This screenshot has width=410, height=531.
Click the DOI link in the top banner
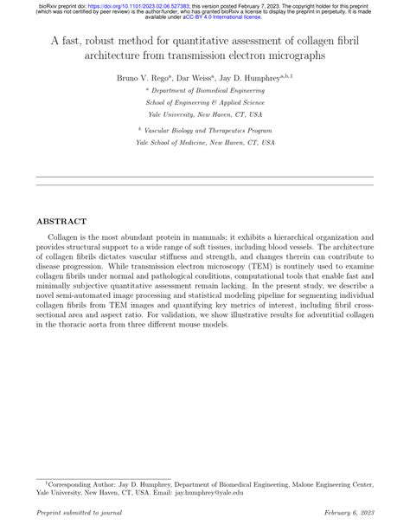coord(129,4)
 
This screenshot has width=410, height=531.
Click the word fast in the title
coord(79,41)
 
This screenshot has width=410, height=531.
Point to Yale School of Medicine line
coord(205,140)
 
